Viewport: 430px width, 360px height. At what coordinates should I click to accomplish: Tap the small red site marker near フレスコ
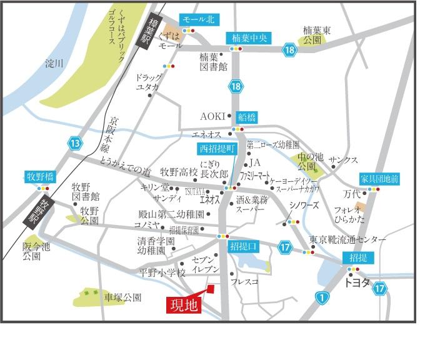[211, 289]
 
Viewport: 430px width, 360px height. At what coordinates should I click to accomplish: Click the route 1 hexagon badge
[322, 297]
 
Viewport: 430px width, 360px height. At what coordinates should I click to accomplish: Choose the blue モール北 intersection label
[198, 20]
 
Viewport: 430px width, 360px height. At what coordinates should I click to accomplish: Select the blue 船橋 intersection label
[247, 117]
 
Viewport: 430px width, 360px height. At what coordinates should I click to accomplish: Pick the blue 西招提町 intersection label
[216, 148]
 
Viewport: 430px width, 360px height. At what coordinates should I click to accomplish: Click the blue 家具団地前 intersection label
[379, 178]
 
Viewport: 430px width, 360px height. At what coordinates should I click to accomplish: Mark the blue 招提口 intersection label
[243, 245]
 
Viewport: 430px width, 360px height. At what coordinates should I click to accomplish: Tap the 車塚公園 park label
[122, 297]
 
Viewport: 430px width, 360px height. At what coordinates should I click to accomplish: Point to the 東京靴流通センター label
[347, 240]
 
